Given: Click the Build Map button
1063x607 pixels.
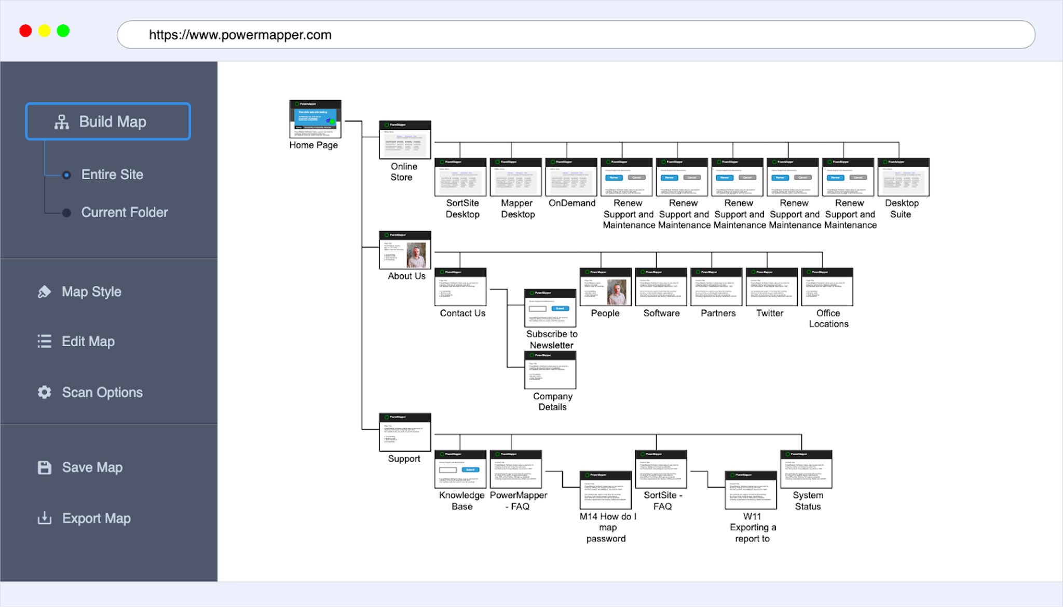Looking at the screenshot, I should [x=108, y=122].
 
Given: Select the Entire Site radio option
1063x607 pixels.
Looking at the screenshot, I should [x=66, y=175].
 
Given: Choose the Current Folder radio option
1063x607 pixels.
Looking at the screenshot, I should [x=66, y=212].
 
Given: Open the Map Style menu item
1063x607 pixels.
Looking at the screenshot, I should [x=91, y=292].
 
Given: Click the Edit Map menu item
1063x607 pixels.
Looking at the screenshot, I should [x=88, y=341].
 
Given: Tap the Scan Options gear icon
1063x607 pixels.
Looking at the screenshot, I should [x=45, y=392].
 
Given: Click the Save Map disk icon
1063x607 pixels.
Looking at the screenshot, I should [x=45, y=467].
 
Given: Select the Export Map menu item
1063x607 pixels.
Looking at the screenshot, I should [x=96, y=518].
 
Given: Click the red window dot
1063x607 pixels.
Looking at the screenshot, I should [x=25, y=31].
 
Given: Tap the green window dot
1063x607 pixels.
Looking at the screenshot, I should [x=63, y=31].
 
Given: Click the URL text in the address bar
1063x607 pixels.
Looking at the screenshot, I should [x=240, y=35].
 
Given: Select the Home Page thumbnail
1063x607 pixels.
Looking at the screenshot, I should [x=315, y=119].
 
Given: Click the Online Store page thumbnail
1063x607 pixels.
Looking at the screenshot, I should [x=405, y=140].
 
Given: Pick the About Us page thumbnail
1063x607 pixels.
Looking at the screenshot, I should [x=405, y=250].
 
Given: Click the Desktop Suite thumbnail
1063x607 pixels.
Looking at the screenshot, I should [x=903, y=177].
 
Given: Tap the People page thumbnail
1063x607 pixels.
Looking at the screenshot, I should [x=605, y=287].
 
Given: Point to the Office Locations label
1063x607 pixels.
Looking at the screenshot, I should [x=828, y=318].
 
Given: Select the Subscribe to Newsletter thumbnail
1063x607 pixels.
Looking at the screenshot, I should [x=550, y=308].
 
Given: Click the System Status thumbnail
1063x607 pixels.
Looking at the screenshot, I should [x=806, y=469].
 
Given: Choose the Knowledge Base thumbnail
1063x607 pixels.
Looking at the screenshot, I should [x=460, y=469].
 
